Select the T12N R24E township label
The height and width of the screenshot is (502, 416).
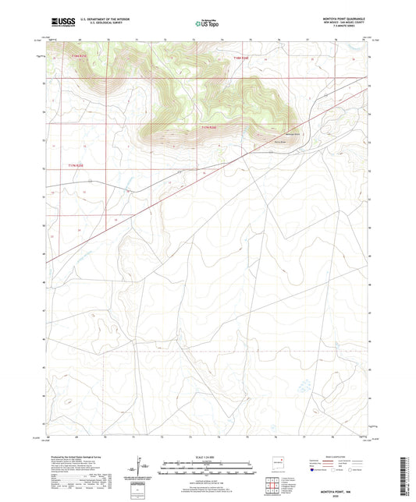[244, 58]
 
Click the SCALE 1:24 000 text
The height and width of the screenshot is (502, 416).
[207, 458]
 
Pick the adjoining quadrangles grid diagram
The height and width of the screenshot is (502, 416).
[274, 486]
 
